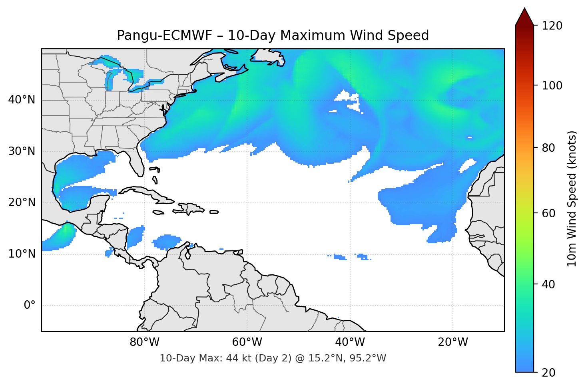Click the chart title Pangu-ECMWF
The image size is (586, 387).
click(273, 36)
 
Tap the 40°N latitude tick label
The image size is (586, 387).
click(22, 100)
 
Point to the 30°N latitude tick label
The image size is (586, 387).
click(22, 151)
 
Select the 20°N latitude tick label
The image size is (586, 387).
click(22, 202)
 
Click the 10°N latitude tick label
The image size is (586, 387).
click(22, 254)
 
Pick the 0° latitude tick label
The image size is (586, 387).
click(30, 306)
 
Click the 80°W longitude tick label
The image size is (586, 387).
click(144, 342)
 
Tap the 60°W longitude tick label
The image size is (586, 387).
click(247, 342)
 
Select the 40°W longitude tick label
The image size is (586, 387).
click(350, 342)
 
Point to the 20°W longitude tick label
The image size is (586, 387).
click(452, 342)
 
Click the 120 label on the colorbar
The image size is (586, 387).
click(552, 26)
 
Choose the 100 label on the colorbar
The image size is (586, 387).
click(552, 85)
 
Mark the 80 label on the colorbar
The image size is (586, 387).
click(549, 148)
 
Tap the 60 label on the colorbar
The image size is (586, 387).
click(549, 213)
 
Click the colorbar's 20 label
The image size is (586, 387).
click(549, 373)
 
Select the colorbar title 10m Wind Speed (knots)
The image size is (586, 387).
click(572, 198)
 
